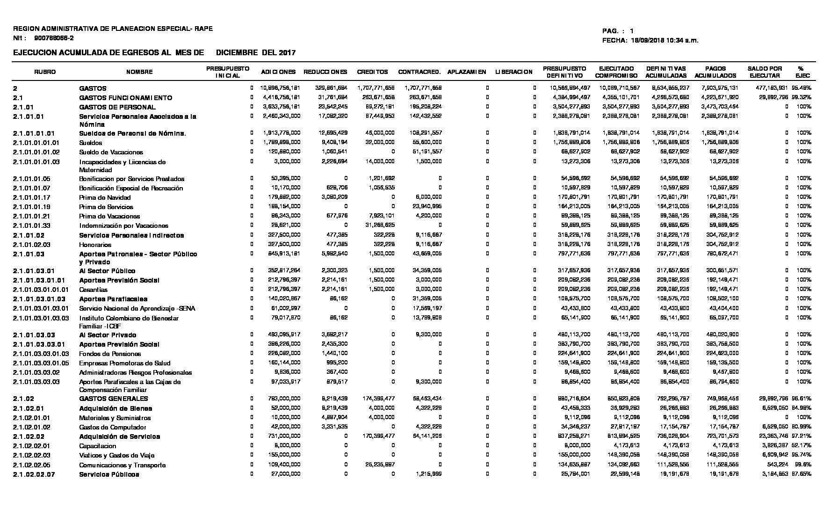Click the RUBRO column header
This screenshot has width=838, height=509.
pos(45,72)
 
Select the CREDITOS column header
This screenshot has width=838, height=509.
pos(372,72)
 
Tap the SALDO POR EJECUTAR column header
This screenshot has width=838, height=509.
pos(765,72)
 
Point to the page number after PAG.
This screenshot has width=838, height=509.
pos(632,31)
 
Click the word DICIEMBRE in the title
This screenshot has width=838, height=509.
pos(237,53)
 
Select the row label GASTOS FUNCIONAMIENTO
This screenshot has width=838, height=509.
pos(125,98)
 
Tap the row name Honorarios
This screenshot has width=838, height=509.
pos(95,245)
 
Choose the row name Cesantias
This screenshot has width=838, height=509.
pos(93,290)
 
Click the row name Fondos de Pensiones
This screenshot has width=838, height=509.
pos(110,354)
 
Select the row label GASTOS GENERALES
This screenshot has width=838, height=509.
pos(114,399)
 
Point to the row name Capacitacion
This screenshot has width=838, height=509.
pos(98,446)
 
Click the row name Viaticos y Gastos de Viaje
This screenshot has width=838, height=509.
pos(116,455)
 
